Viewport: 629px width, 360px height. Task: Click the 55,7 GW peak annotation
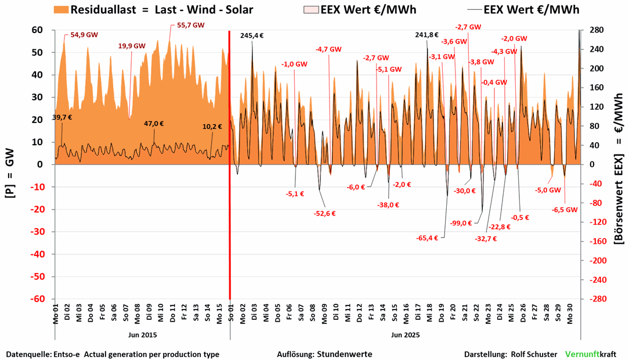pos(191,26)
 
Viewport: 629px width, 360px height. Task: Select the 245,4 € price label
pos(252,35)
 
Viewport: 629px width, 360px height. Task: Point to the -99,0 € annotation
pos(461,223)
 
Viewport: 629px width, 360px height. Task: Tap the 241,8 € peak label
pos(427,35)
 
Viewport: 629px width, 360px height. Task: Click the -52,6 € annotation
pos(325,213)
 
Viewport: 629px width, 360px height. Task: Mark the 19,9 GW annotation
pos(132,45)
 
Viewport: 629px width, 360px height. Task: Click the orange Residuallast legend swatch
pos(61,10)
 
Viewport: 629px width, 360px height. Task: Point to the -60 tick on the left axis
pos(38,299)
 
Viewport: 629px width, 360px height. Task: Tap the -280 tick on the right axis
pos(596,299)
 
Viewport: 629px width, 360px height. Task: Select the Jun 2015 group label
pos(142,335)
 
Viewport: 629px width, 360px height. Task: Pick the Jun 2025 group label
pos(405,335)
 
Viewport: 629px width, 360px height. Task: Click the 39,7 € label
pos(62,117)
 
